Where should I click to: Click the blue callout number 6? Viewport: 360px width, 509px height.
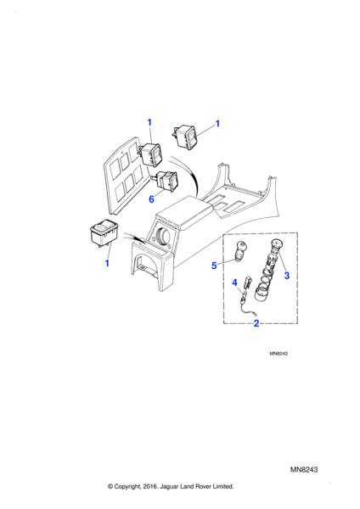[151, 199]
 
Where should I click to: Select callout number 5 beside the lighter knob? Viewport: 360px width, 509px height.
[214, 266]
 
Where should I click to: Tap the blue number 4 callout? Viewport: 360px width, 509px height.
[235, 283]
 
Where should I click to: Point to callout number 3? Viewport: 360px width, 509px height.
[287, 275]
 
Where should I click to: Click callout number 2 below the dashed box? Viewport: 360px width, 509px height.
[256, 323]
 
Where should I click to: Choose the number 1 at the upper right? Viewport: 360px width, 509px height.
[217, 124]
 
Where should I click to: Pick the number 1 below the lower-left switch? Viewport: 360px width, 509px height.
[107, 263]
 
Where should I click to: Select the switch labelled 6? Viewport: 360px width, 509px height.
[166, 180]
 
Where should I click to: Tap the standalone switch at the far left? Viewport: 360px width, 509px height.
[104, 232]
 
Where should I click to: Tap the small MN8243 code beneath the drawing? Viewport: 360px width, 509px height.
[278, 354]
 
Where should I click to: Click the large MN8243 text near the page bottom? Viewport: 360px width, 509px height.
[304, 469]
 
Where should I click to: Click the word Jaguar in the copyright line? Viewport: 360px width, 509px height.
[169, 487]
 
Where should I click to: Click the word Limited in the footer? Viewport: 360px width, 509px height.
[223, 487]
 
